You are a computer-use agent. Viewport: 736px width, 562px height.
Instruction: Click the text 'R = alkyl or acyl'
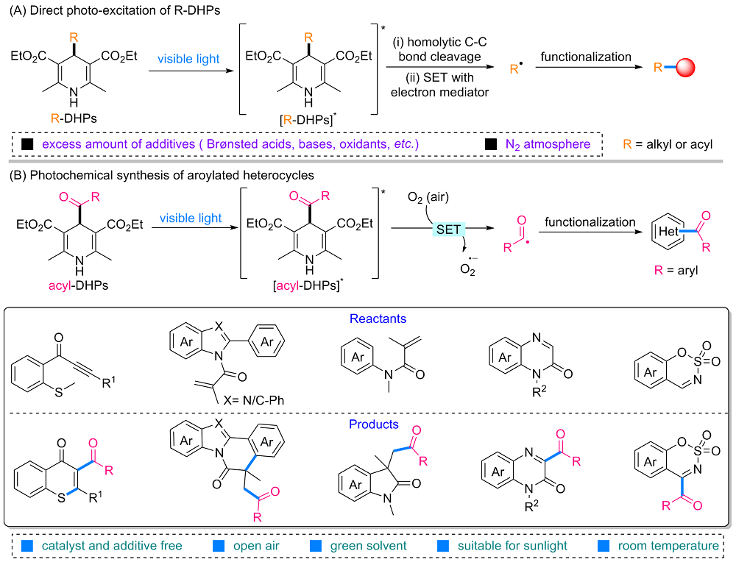point(673,144)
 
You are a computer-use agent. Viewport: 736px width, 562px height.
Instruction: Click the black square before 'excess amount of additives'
point(28,144)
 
